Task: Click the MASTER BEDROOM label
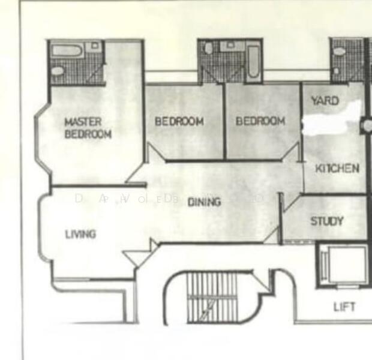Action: click(x=88, y=128)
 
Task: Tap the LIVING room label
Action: click(x=80, y=234)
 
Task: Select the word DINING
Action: click(x=204, y=202)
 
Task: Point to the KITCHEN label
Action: click(x=337, y=168)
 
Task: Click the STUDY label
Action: click(x=327, y=221)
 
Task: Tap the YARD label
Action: click(x=325, y=101)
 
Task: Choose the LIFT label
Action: click(x=344, y=307)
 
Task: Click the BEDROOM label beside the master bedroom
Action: click(x=179, y=121)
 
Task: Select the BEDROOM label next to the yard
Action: click(x=260, y=121)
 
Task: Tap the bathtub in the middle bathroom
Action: click(x=253, y=60)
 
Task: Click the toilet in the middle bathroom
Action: click(x=208, y=49)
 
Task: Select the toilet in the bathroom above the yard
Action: click(x=339, y=51)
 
